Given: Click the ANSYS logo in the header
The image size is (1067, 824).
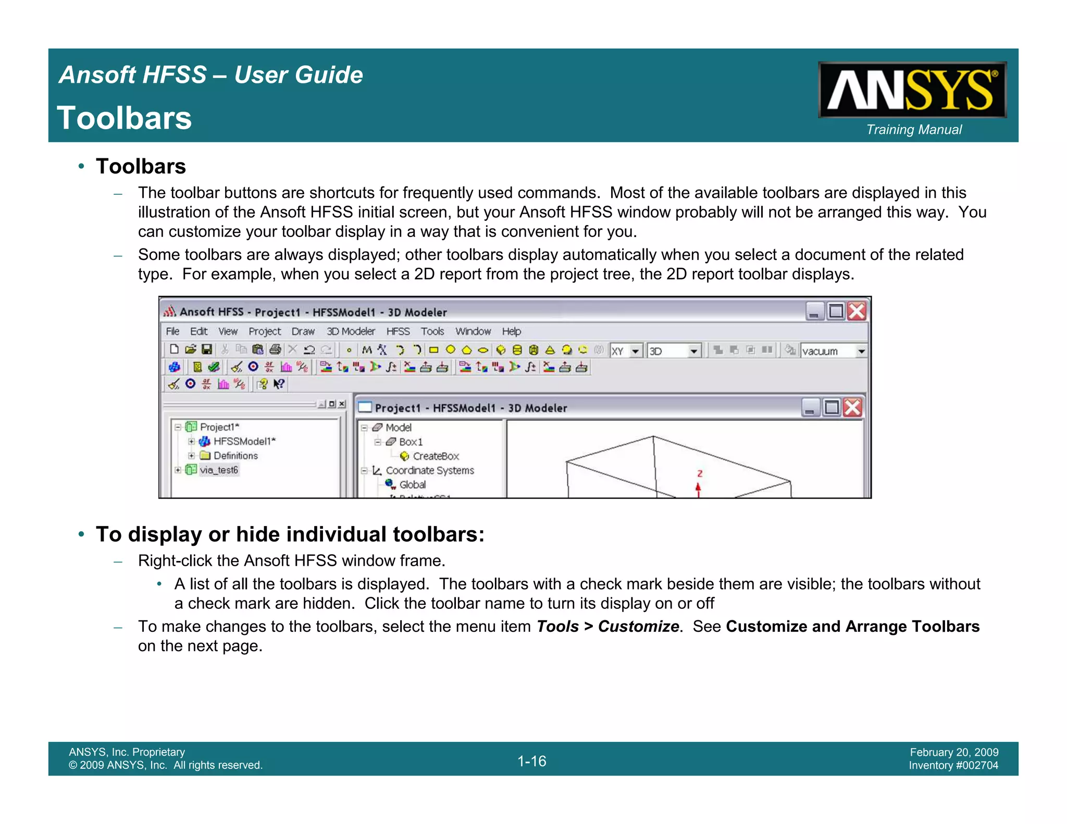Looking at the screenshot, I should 912,90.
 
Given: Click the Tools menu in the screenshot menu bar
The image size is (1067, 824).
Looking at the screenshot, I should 432,331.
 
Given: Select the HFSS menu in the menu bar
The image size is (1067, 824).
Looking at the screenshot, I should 398,331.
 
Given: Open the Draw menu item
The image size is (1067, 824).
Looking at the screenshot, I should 303,331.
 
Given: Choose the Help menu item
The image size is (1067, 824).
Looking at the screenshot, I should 511,331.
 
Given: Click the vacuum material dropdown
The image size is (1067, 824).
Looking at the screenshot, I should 833,351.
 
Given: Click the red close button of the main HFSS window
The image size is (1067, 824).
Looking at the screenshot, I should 857,311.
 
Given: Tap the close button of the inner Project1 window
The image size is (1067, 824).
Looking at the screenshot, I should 852,407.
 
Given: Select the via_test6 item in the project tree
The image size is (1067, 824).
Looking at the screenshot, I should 219,470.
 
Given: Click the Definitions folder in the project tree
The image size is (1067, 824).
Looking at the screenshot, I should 235,456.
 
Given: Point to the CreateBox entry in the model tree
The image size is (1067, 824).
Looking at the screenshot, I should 436,456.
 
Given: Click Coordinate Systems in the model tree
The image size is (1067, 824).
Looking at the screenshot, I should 430,470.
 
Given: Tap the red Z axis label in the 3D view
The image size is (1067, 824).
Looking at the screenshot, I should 700,473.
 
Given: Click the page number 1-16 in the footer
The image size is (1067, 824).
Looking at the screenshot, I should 531,761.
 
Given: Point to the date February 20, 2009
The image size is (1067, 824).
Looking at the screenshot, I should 954,752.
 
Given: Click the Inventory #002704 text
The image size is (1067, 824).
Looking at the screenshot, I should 953,766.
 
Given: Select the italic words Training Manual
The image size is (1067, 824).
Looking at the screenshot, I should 914,130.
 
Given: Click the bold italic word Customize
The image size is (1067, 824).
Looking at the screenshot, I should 638,626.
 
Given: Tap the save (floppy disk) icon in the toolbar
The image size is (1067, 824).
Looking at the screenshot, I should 207,349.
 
